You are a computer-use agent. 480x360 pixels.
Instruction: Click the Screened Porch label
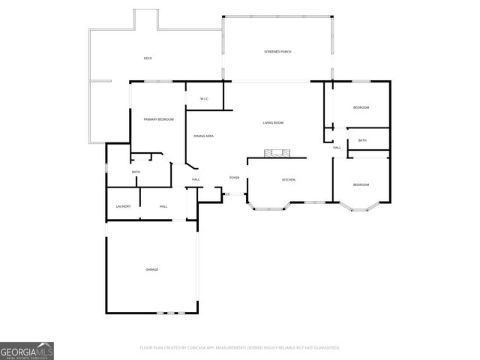pos(277,51)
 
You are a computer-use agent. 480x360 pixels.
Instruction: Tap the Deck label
pos(148,58)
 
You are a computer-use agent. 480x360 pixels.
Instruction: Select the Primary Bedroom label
pos(158,119)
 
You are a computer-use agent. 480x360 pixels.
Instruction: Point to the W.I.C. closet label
pos(203,99)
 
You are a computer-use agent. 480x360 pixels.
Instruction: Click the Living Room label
pos(273,122)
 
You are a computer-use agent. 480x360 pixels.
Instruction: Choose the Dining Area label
pos(204,136)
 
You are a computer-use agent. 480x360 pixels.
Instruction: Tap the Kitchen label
pos(288,180)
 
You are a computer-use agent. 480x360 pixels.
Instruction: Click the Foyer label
pos(234,178)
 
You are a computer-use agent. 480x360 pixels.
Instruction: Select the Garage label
pos(151,268)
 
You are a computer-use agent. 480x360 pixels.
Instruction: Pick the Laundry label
pos(124,206)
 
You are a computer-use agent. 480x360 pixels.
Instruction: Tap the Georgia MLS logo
pos(27,350)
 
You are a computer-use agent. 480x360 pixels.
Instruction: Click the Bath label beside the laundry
pos(136,172)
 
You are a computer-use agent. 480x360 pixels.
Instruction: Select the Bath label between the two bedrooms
pos(362,140)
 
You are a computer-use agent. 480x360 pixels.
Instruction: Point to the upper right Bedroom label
pos(361,108)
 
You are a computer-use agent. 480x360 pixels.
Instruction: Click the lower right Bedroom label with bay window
pos(361,184)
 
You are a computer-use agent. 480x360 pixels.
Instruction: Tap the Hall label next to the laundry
pos(163,206)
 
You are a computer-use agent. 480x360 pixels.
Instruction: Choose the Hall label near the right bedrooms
pos(337,148)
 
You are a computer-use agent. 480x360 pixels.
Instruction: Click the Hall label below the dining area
pos(196,179)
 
